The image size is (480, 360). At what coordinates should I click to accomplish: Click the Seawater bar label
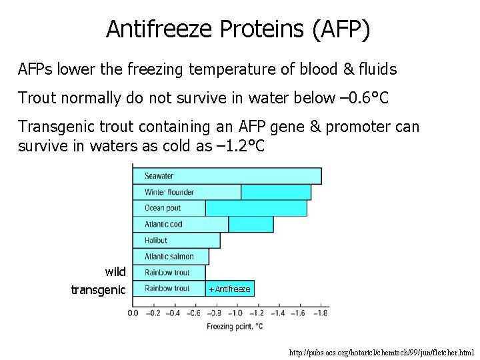[x=159, y=176]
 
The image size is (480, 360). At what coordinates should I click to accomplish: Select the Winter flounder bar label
[x=169, y=193]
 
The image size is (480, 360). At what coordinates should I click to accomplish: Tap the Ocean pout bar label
[x=163, y=208]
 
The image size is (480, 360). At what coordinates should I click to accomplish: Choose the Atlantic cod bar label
[x=163, y=224]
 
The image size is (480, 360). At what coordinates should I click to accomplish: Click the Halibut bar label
[x=156, y=240]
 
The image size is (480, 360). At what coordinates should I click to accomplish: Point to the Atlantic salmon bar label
[x=169, y=257]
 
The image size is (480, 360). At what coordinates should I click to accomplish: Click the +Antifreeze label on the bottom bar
[x=229, y=289]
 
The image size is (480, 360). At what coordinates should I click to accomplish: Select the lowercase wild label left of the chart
[x=115, y=272]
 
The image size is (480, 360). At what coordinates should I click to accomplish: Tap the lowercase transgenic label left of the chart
[x=98, y=289]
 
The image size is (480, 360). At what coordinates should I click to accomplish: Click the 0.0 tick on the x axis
[x=133, y=313]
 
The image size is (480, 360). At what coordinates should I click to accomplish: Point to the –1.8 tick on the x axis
[x=321, y=313]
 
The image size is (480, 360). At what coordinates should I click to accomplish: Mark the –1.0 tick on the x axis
[x=235, y=313]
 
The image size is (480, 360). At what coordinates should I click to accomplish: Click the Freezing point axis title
[x=234, y=326]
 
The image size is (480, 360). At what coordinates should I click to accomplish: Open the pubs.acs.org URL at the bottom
[x=382, y=351]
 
